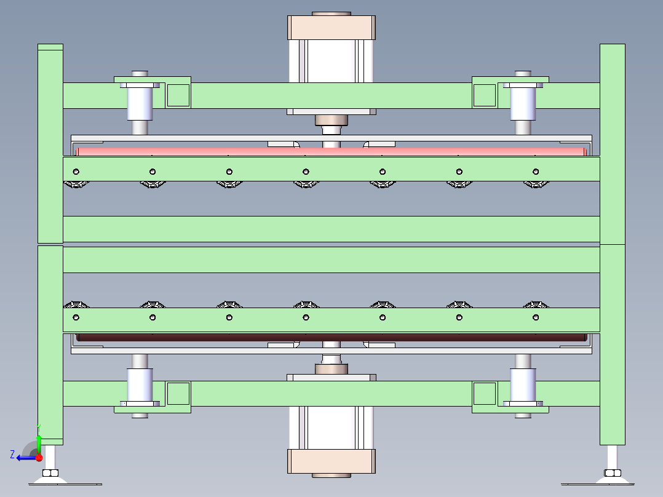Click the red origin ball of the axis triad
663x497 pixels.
click(39, 457)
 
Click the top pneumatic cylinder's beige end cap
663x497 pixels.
click(331, 28)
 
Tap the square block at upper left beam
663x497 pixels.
click(178, 95)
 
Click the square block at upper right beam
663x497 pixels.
click(484, 95)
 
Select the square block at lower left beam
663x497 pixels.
click(178, 393)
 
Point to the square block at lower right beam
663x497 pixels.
click(484, 393)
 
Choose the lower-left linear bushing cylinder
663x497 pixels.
click(140, 384)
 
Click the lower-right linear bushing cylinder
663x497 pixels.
click(523, 384)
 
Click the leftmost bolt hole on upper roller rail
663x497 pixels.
click(76, 171)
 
